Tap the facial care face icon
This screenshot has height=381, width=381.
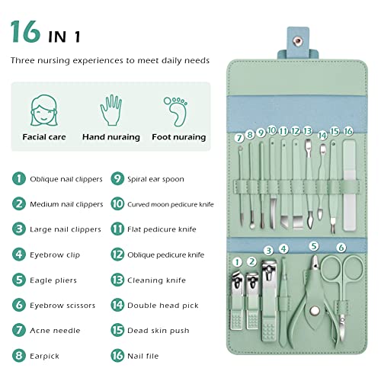point(43,108)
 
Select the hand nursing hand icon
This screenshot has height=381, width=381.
point(111,108)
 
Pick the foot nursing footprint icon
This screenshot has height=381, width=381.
point(176,108)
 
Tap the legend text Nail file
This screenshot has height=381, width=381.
point(145,355)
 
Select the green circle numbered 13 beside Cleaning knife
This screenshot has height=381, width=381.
point(117,280)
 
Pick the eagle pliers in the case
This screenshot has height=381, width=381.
point(313,293)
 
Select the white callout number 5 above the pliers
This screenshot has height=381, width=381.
point(313,246)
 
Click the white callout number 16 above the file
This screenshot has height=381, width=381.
point(347,131)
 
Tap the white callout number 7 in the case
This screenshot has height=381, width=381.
point(239,138)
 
